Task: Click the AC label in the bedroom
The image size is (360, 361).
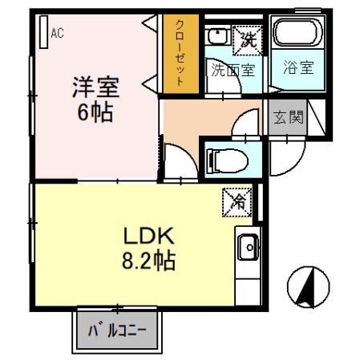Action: point(57,33)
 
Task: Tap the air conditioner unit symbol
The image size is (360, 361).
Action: point(42,30)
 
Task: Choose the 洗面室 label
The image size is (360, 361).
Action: point(233,69)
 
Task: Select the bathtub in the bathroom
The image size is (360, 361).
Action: point(296,34)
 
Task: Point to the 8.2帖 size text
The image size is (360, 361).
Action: point(148,261)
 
